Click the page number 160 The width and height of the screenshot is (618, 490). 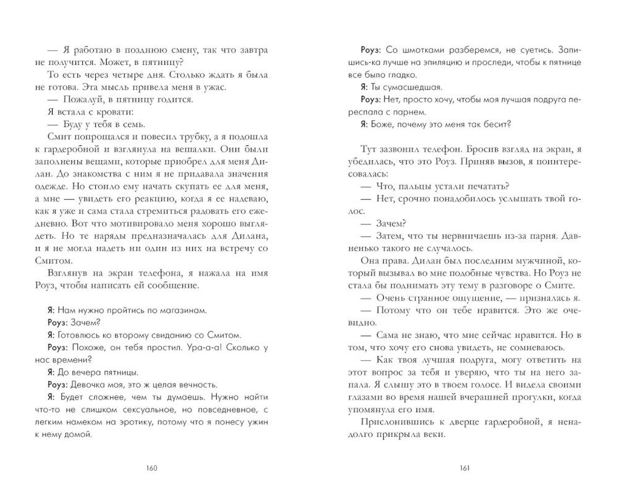click(152, 468)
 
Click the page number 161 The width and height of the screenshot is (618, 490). click(465, 468)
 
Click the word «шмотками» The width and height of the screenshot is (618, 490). click(421, 48)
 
